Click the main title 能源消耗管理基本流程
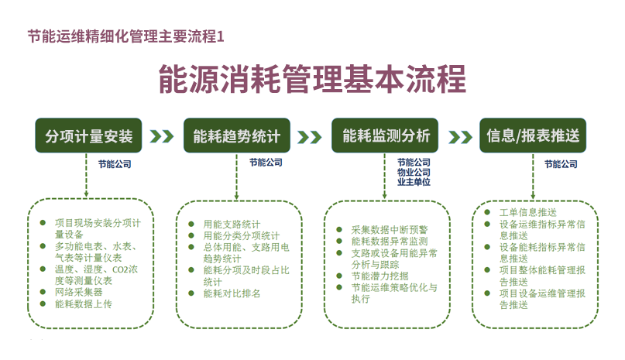312,81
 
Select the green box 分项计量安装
88,136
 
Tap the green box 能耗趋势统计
236,136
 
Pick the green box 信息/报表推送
534,136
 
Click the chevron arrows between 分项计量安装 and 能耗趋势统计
162,137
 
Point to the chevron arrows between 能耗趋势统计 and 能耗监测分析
310,137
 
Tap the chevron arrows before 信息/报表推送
459,137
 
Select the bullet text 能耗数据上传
84,304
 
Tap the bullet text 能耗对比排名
232,293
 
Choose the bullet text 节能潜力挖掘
381,276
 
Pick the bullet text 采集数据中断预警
390,229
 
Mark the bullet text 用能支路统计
232,224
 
